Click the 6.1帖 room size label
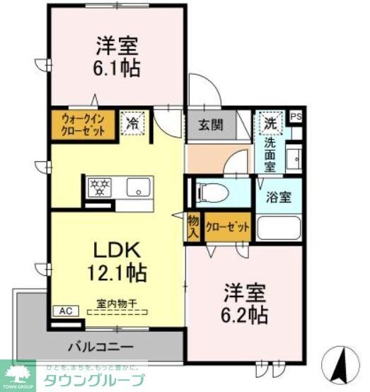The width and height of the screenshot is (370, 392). click(118, 68)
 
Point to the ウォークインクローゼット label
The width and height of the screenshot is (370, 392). click(83, 125)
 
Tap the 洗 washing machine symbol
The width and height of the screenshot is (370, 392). click(270, 122)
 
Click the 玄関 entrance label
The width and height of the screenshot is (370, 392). click(210, 125)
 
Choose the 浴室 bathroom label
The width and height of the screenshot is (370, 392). click(279, 197)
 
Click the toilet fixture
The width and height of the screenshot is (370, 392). click(212, 192)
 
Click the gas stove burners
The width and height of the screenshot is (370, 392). click(100, 187)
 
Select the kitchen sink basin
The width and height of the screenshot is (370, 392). click(137, 188)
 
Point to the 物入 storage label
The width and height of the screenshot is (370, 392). click(193, 226)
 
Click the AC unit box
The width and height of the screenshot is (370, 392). click(65, 311)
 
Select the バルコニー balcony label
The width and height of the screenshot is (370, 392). click(102, 347)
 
